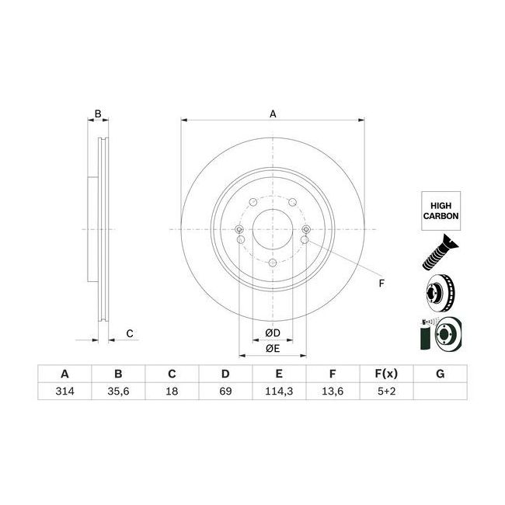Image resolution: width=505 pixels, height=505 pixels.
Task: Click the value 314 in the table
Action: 64,392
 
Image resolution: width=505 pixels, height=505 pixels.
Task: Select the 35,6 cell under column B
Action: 118,392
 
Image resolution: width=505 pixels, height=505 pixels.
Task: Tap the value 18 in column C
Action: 172,392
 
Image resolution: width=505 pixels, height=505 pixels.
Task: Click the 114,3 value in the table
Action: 278,392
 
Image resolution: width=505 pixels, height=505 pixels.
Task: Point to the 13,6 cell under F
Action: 332,392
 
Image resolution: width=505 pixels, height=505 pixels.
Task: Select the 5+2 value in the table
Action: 385,392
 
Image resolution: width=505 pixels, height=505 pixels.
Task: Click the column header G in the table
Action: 439,374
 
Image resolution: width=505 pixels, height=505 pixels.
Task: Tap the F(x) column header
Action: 385,374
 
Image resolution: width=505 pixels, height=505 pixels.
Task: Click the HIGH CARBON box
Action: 439,211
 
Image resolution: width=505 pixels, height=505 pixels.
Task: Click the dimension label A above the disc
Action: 273,114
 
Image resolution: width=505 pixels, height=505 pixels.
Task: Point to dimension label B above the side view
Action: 98,114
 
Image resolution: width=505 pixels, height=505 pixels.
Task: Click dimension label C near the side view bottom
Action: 131,334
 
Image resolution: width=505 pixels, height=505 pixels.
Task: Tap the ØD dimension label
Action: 272,333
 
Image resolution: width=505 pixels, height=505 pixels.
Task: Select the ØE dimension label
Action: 272,349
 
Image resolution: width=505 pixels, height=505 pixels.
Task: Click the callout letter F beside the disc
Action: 381,283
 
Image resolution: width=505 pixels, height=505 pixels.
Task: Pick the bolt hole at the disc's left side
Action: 239,230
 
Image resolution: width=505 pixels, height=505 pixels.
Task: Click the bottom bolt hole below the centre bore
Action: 272,264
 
